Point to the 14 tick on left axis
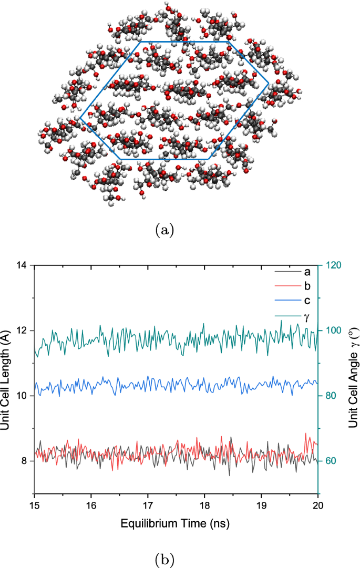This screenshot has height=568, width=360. pos(21,266)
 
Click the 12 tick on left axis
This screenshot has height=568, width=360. pos(21,331)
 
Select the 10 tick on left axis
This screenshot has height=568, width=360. pos(21,396)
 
